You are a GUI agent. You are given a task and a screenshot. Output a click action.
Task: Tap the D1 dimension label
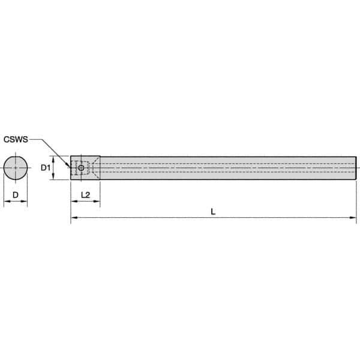pos(44,167)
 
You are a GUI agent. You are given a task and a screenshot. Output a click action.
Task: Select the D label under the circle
pos(15,196)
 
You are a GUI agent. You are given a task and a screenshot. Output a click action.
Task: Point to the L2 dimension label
pos(85,196)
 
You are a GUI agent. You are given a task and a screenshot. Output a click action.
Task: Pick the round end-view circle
pos(16,167)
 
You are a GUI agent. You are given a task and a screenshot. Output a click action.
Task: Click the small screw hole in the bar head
pos(81,167)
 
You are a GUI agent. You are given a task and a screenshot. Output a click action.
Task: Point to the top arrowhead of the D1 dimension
pos(54,158)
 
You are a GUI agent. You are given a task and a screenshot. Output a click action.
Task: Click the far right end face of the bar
pos(358,167)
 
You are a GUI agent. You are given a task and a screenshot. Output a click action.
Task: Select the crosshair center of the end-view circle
pos(16,167)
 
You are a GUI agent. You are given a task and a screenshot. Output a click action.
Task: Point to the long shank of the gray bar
pos(228,167)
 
